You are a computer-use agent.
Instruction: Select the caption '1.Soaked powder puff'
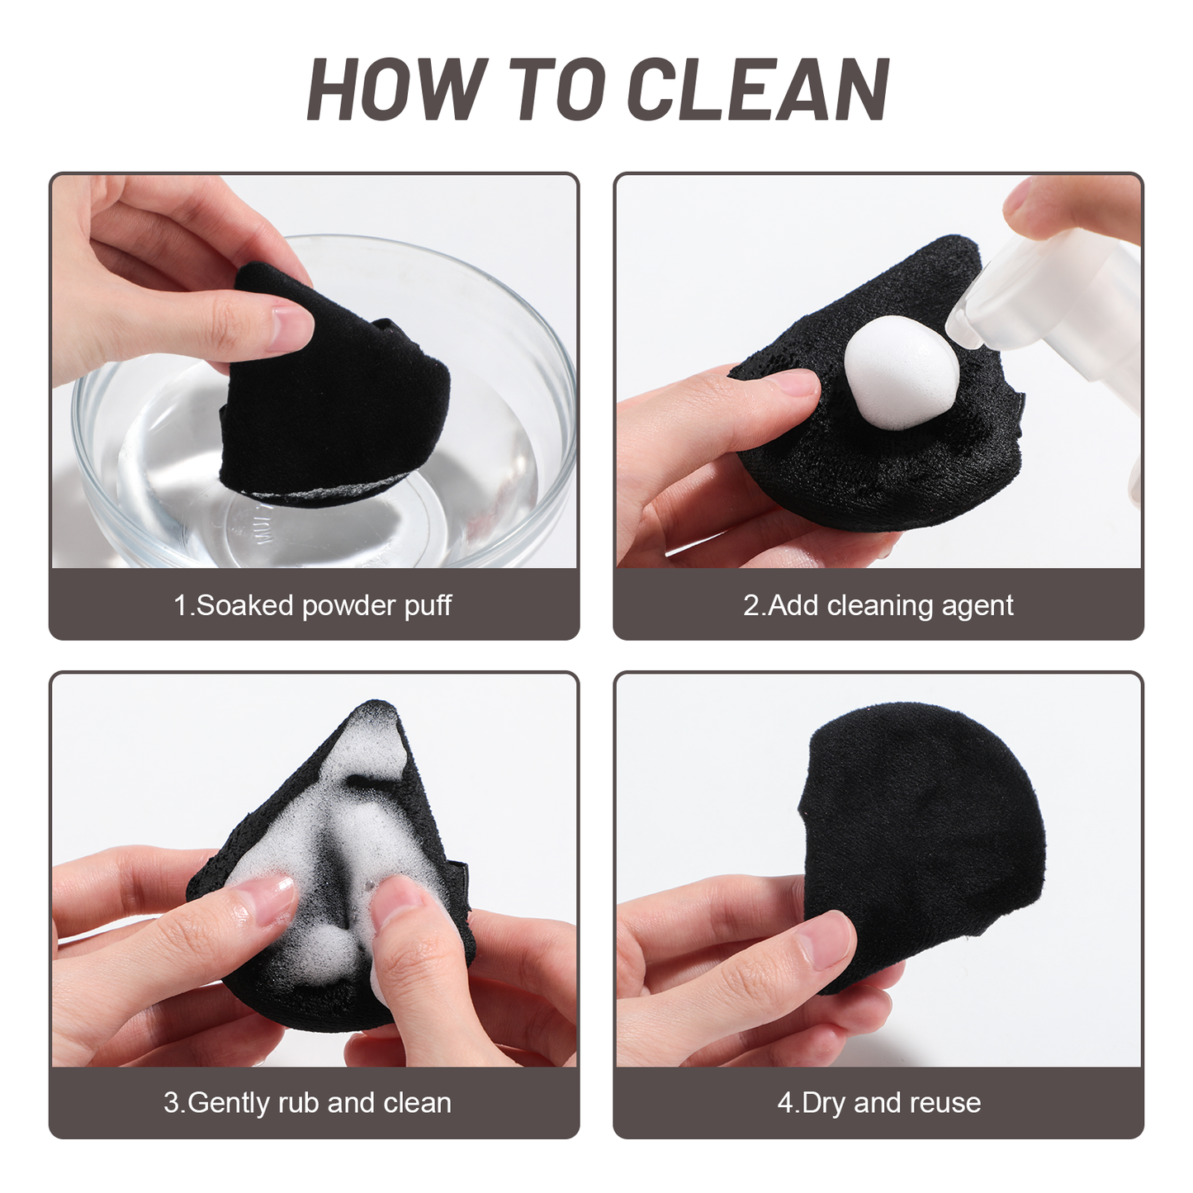tap(313, 606)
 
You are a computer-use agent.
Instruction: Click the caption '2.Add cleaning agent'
tap(878, 606)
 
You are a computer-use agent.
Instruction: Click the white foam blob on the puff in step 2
tap(902, 373)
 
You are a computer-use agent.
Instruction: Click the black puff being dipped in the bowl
tap(334, 390)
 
